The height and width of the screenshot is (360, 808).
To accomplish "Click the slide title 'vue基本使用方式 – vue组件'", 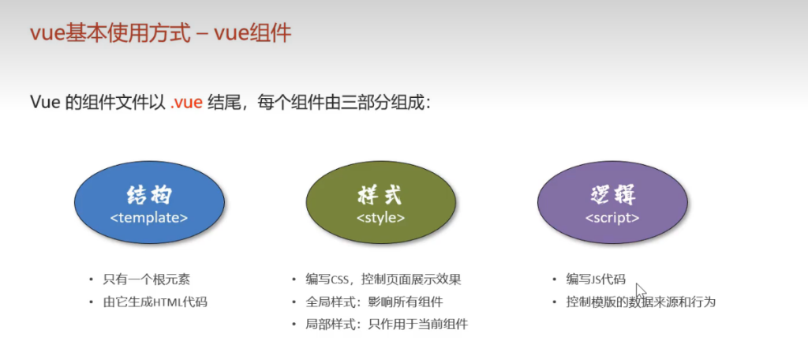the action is [161, 34].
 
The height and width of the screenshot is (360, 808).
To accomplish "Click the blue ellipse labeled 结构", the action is [149, 204].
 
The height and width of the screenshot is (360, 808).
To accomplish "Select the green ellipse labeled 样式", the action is [381, 204].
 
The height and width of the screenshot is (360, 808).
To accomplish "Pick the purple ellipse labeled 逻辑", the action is [612, 204].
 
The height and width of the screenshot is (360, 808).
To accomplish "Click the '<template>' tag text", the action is [149, 218].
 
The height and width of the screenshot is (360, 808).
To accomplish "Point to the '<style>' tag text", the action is [381, 218].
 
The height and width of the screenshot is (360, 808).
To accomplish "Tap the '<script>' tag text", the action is [612, 218].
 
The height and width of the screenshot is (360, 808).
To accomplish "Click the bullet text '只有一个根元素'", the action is [146, 280].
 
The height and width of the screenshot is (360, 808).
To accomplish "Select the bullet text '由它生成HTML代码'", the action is [155, 302].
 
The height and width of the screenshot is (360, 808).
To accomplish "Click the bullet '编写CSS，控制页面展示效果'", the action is [383, 280].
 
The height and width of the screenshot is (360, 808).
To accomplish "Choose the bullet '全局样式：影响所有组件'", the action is [374, 302].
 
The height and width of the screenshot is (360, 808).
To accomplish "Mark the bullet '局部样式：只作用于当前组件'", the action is [387, 324].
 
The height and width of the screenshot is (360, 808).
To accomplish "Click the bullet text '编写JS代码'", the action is [596, 279].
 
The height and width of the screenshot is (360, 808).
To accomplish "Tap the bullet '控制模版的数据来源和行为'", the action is [641, 302].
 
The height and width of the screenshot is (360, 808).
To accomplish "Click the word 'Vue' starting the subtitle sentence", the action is [45, 102].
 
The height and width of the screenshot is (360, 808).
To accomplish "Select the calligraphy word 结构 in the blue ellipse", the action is [149, 196].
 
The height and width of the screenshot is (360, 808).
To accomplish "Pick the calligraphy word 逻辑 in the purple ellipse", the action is [612, 196].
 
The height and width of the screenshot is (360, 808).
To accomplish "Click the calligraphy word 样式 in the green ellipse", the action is [380, 196].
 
